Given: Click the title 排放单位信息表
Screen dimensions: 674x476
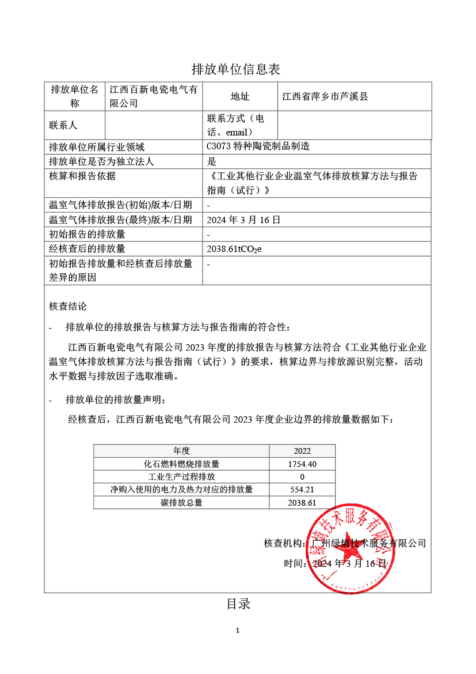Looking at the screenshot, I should [235, 70].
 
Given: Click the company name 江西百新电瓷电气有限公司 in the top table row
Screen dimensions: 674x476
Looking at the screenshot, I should [153, 96].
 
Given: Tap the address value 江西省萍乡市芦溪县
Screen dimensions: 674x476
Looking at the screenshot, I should [325, 96].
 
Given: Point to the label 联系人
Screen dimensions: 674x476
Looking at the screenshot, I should [63, 125].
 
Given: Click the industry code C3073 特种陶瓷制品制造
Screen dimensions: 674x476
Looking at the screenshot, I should [258, 146].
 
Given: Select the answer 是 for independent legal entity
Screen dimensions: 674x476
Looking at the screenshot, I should [211, 161].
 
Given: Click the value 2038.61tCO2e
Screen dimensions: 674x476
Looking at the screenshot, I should [234, 249].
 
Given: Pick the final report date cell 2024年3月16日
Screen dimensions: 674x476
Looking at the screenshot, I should [243, 220].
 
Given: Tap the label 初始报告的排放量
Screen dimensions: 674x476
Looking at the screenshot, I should [87, 234].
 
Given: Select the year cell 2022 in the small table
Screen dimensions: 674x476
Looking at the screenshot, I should [302, 451].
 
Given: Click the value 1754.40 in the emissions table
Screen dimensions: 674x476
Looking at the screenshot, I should [302, 464].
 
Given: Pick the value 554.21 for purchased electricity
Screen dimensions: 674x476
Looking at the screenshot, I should [302, 490].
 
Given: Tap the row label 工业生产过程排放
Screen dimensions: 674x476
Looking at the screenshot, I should [181, 477].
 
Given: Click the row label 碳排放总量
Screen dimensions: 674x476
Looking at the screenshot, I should [181, 503].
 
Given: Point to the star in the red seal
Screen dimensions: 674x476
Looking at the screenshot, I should [351, 555].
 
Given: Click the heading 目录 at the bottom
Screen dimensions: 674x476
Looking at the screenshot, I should [238, 604].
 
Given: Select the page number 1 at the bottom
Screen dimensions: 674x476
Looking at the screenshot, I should [238, 630].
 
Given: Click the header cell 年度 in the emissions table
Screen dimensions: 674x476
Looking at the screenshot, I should [181, 451].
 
